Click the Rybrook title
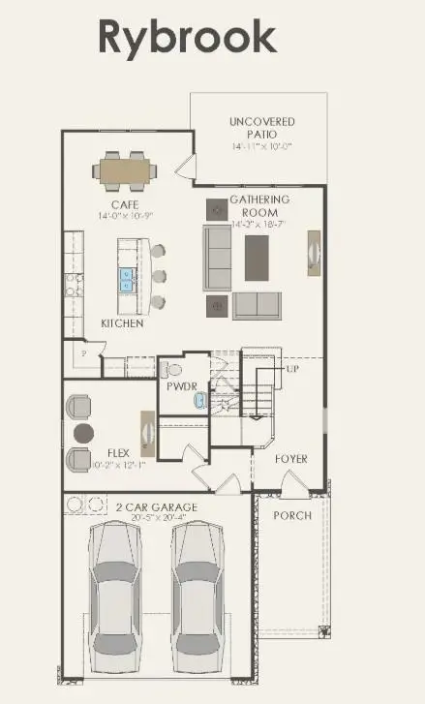coord(187,37)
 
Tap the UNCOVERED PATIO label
coord(262,128)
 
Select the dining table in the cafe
coord(124,171)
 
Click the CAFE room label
coord(125,204)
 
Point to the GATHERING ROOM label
coord(260,205)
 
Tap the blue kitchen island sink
coord(127,281)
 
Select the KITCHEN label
coord(123,323)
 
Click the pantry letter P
coord(83,355)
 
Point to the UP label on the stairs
coord(291,370)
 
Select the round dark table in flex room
coord(82,432)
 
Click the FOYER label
coord(290,458)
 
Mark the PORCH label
coord(291,515)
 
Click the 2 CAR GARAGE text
coord(157,507)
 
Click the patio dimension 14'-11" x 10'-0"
coord(261,146)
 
